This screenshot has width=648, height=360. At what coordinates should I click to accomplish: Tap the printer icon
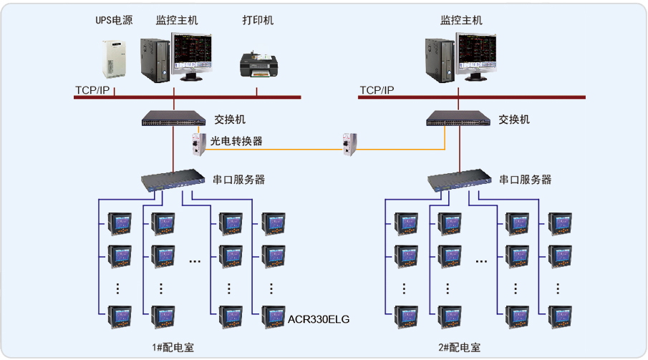point(257,65)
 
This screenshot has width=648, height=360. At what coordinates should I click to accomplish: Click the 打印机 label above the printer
point(258,21)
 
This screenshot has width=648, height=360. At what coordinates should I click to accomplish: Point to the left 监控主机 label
point(177,21)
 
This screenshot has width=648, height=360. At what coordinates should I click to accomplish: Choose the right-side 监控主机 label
point(461,21)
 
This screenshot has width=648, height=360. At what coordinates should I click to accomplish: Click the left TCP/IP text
point(92,90)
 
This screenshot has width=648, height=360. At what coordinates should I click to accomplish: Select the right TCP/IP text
point(377,90)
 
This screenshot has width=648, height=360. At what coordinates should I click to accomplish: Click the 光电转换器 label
point(236,141)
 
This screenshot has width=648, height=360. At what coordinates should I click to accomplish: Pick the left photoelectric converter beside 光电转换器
point(196,144)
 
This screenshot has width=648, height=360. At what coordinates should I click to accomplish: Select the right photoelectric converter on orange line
point(350,144)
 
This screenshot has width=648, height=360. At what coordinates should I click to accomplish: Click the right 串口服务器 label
point(525,180)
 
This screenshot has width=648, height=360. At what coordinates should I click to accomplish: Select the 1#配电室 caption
point(173,348)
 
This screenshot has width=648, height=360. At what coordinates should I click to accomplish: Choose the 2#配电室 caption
point(459,348)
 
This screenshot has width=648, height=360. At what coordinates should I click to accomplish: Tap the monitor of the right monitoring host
point(478,54)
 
